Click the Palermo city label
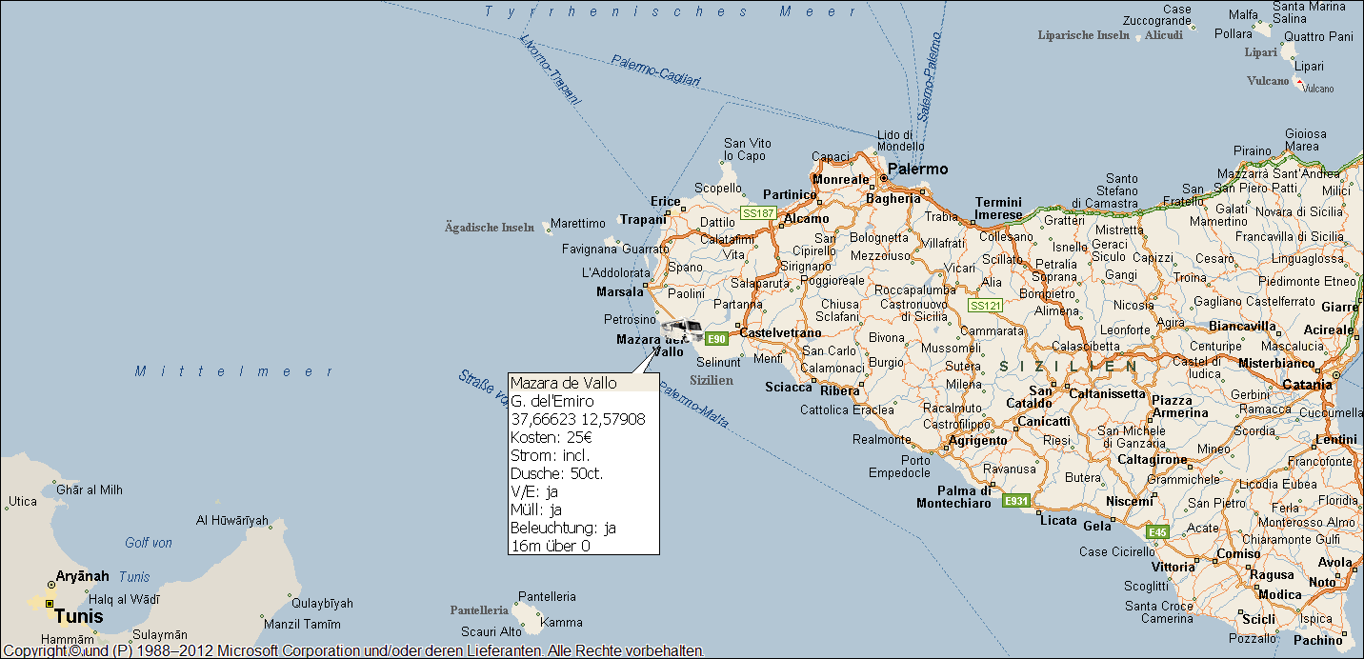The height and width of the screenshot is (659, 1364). tap(918, 169)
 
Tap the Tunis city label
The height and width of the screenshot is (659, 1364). tap(78, 616)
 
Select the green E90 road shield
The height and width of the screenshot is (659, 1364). tap(716, 338)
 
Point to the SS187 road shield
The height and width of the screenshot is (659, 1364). tap(758, 213)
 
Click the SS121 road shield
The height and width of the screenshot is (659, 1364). tap(985, 306)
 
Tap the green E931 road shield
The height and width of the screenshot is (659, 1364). tap(1015, 501)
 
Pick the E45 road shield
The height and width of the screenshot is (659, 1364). tap(1157, 532)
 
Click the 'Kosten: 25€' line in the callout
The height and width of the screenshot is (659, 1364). tap(552, 437)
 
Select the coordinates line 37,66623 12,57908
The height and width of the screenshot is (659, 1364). tap(578, 419)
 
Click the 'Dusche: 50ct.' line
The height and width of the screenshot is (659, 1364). tap(557, 473)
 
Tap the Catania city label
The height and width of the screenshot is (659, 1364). tap(1307, 385)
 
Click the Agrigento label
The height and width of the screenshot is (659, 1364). tap(978, 441)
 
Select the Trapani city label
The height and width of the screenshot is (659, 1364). tap(643, 220)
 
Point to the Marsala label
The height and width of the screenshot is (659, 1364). tap(620, 291)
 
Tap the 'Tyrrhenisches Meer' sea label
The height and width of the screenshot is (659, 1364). tap(672, 11)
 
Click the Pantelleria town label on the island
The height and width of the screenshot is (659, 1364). tap(547, 596)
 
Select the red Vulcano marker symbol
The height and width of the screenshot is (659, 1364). tap(1299, 82)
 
